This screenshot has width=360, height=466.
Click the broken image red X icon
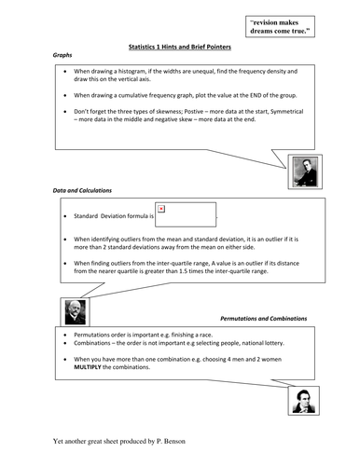coord(161,209)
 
